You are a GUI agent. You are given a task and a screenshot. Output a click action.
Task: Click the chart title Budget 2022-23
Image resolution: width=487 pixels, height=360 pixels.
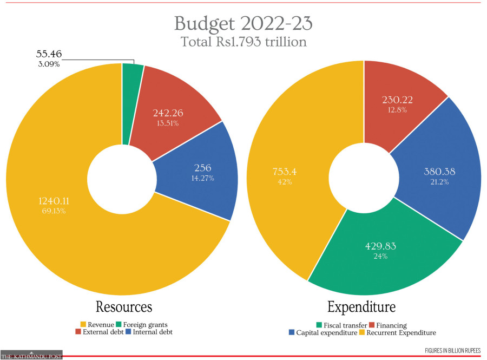coord(243,24)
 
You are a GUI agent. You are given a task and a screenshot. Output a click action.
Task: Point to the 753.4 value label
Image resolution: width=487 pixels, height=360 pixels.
coord(285,172)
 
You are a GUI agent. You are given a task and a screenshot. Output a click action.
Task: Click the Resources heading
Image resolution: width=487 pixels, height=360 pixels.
coord(124,307)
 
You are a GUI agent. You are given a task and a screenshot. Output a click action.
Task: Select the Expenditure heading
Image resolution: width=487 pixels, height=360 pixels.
coord(361,307)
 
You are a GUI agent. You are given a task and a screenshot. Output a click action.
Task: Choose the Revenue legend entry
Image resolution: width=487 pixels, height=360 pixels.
coord(97,324)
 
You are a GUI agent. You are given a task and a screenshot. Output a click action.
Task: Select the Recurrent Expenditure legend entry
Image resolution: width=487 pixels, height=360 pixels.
coord(399,332)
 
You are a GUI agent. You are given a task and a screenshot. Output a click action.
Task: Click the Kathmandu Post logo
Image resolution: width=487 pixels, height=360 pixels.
coord(31,355)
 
